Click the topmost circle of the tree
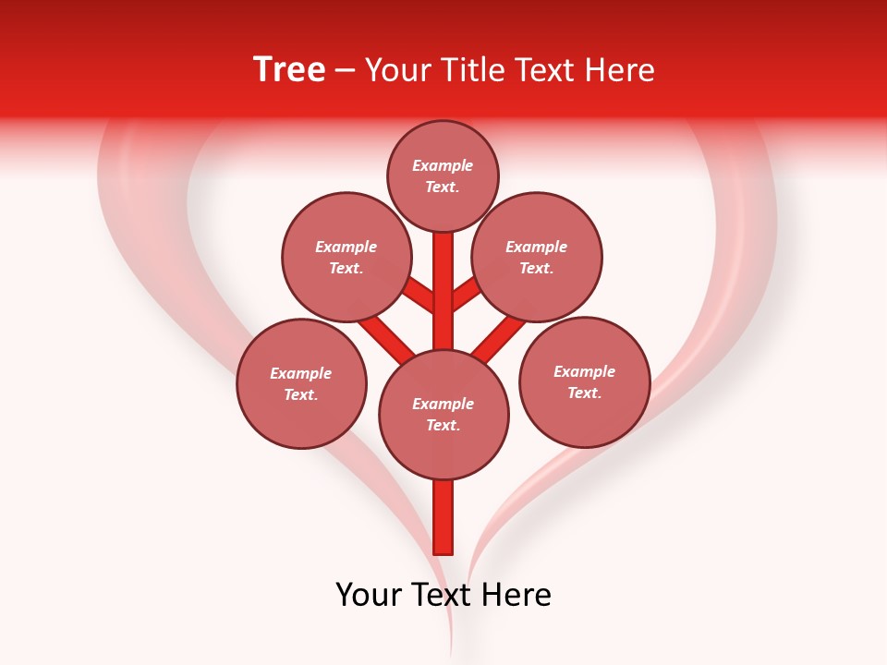(443, 175)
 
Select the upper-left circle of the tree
(346, 257)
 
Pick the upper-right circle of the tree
(537, 257)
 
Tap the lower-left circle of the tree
(301, 383)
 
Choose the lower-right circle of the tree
(584, 381)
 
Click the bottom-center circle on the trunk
(443, 414)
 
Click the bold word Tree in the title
(289, 69)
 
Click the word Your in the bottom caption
(369, 595)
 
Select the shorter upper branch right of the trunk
(465, 294)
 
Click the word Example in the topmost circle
(443, 166)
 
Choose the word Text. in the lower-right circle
(584, 393)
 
